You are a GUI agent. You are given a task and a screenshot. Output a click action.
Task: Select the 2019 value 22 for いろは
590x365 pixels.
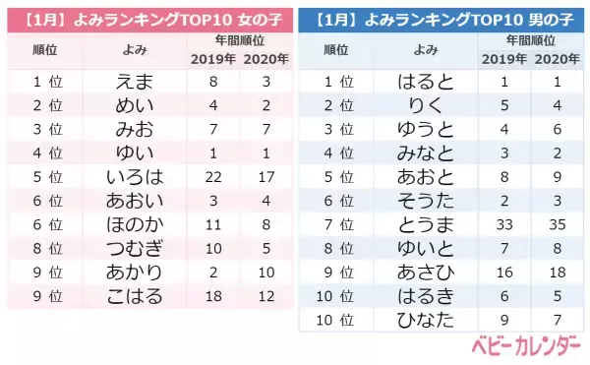coord(212,177)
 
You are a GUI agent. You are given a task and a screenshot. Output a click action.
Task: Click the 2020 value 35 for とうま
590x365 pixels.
coord(557,224)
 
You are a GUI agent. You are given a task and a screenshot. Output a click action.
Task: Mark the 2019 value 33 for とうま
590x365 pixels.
coord(503,224)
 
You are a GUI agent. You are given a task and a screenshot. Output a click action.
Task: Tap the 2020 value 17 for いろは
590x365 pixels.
coord(265,177)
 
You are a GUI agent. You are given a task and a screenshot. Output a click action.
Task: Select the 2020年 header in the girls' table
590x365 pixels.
coord(265,59)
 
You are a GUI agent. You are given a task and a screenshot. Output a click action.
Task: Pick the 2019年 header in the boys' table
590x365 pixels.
coord(503,59)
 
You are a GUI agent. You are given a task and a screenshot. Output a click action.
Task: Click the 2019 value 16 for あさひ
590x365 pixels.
coord(503,273)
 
